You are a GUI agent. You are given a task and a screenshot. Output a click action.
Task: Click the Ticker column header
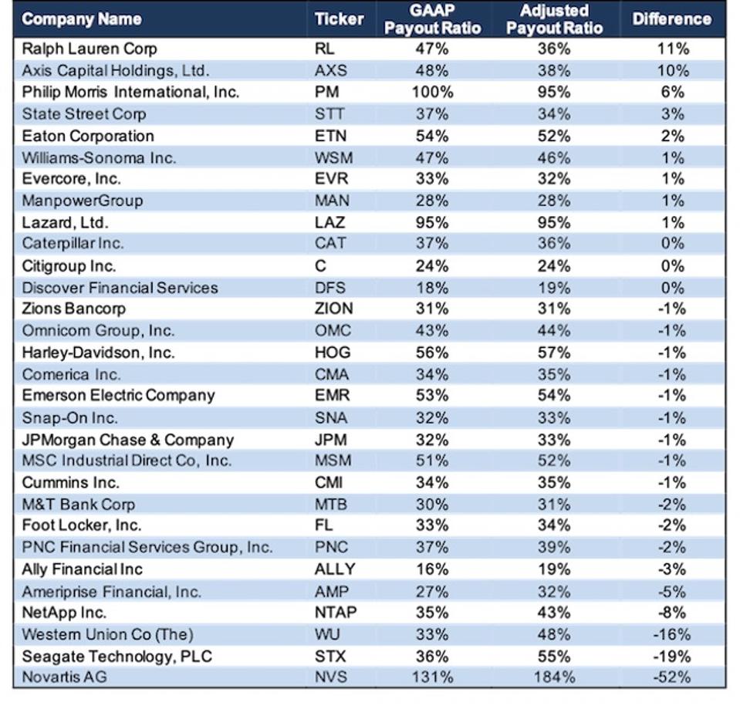(x=338, y=19)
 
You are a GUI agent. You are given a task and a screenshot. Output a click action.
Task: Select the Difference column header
(x=671, y=19)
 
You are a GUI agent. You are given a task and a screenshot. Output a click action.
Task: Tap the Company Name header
(x=82, y=19)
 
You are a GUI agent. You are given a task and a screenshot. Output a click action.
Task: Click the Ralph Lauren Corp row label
(x=90, y=49)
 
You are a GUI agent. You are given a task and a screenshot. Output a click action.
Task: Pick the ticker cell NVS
(x=332, y=677)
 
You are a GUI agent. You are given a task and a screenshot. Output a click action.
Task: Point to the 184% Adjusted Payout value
(x=554, y=677)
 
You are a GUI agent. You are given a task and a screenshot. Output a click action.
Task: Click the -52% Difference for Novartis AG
(x=672, y=677)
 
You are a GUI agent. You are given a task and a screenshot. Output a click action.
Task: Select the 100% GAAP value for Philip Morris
(x=432, y=92)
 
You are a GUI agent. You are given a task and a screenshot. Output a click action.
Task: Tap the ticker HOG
(x=333, y=353)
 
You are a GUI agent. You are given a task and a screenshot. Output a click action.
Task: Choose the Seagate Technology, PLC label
(x=117, y=657)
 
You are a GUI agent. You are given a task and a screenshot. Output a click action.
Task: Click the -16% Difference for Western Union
(x=672, y=634)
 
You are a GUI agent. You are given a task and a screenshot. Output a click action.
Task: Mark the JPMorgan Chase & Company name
(x=128, y=440)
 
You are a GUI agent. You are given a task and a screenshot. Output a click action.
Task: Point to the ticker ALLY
(x=335, y=569)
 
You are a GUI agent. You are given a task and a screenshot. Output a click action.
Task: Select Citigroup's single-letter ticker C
(x=321, y=266)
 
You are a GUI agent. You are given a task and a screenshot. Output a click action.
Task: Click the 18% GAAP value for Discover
(x=432, y=288)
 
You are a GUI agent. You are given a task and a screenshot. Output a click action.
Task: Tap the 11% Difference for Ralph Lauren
(x=672, y=49)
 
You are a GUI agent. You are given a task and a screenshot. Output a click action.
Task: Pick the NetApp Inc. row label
(x=64, y=613)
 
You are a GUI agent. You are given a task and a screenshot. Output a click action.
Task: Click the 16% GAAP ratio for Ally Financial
(x=432, y=569)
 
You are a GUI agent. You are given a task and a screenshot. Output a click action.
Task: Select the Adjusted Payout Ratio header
(x=554, y=19)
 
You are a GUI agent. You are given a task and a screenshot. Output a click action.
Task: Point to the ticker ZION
(x=334, y=309)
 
